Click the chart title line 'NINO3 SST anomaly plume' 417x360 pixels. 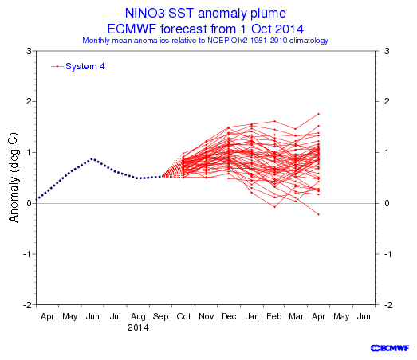(x=205, y=14)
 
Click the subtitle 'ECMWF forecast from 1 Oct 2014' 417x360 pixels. (x=205, y=29)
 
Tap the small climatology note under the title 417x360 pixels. (x=205, y=41)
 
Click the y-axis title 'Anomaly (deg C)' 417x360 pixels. (x=14, y=177)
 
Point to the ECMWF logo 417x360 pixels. (x=390, y=348)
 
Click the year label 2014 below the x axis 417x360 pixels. (x=138, y=327)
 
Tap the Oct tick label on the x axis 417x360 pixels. (x=183, y=316)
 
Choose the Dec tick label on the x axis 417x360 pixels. (x=229, y=316)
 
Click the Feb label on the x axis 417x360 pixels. (x=274, y=316)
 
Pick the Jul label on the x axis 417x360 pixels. (x=116, y=316)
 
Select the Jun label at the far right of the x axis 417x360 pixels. (x=364, y=316)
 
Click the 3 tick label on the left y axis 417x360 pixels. (x=29, y=51)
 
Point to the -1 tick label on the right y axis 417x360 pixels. (x=387, y=254)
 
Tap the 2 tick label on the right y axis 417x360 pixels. (x=387, y=101)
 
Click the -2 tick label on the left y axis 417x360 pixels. (x=28, y=305)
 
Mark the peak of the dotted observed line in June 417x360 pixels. (x=92, y=158)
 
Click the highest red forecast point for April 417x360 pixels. (x=319, y=114)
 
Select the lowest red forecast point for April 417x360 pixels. (x=319, y=214)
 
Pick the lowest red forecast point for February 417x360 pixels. (x=275, y=207)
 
